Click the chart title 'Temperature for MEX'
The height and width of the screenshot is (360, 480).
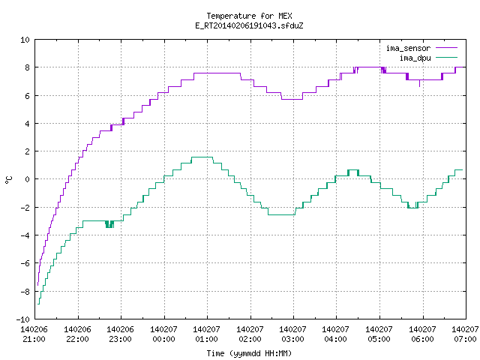[249, 16]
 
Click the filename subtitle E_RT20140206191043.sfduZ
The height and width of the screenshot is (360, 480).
[249, 25]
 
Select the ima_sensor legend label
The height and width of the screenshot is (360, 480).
[408, 48]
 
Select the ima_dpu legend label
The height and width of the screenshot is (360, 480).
[415, 58]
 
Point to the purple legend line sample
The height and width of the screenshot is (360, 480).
[447, 48]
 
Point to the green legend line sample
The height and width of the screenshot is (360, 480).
[447, 57]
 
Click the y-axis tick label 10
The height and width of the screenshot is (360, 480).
[25, 40]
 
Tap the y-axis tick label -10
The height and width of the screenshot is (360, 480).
[23, 319]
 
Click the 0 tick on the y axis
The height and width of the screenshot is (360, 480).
[27, 179]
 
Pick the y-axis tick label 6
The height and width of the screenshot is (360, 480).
[27, 96]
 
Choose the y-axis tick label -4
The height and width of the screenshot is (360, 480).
[25, 235]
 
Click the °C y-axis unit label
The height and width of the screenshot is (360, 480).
[8, 180]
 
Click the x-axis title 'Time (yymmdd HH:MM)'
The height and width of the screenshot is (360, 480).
[249, 353]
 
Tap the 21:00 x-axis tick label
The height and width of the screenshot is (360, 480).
[34, 339]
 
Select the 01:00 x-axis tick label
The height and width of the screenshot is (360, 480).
[207, 339]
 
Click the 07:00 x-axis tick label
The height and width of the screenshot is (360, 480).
[465, 339]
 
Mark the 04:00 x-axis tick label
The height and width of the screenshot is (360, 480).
[336, 339]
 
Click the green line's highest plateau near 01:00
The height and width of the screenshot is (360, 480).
[202, 157]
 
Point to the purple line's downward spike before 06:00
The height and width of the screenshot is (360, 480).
[419, 83]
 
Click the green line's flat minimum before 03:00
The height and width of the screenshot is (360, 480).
[281, 214]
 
